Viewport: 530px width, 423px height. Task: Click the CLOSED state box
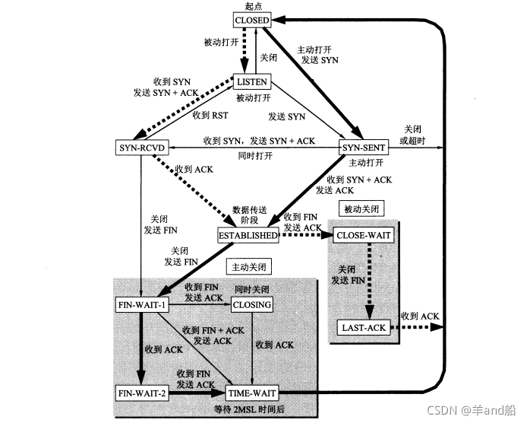coord(251,19)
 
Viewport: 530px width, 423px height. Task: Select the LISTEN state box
coord(251,81)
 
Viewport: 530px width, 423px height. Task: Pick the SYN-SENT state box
coord(361,145)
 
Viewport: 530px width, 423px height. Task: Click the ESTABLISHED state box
coord(248,236)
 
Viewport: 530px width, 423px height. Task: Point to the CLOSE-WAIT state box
coord(364,236)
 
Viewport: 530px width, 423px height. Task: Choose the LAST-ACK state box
coord(364,328)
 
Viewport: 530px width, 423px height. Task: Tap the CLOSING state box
coord(251,305)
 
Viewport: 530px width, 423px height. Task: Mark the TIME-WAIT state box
coord(251,393)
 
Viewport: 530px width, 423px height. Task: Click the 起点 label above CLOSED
coord(251,6)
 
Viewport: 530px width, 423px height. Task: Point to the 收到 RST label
coord(210,116)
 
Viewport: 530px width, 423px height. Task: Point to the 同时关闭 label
coord(251,290)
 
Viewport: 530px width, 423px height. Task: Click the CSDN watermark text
coord(476,409)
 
